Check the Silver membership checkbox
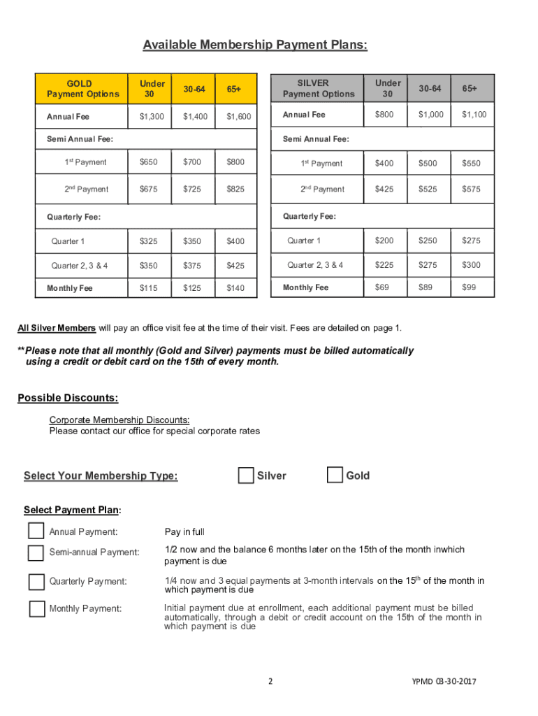coord(245,475)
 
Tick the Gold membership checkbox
coord(335,475)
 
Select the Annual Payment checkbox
coord(36,531)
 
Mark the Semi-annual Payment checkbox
coord(36,552)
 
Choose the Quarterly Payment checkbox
coord(36,582)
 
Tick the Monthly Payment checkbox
coord(36,608)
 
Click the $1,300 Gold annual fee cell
coord(152,117)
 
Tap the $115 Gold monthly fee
coord(148,288)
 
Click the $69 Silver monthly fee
coord(384,287)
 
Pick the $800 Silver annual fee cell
coord(384,114)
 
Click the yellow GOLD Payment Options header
coord(83,89)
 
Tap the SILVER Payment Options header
coord(318,88)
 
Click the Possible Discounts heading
coord(67,399)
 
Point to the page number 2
coord(270,682)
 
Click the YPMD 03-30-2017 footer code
coord(444,682)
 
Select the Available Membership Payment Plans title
coord(255,45)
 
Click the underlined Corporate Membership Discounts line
coord(119,420)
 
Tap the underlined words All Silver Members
coord(57,328)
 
